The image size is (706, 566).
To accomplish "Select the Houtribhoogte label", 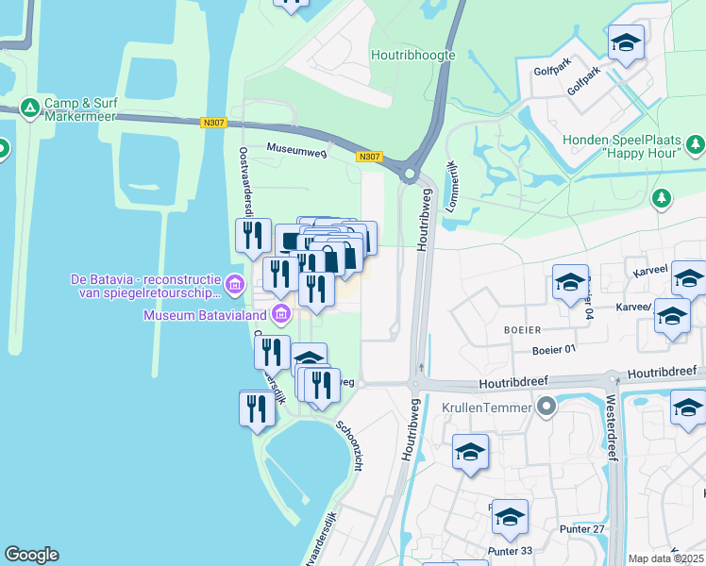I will (x=412, y=55).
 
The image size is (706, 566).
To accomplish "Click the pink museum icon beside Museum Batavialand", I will (x=279, y=312).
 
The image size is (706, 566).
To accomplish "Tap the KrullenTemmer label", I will (x=485, y=409).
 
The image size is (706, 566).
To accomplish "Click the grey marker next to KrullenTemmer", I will (x=546, y=408).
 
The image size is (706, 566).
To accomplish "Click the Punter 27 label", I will (x=585, y=528).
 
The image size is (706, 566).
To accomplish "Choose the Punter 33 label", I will (x=511, y=551).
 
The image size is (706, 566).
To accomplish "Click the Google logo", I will (x=31, y=555).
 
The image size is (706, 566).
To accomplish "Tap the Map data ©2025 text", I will (x=666, y=558).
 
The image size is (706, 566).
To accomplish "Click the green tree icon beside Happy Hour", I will (x=697, y=144).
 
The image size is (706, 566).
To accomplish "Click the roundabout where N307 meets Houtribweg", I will (x=410, y=173).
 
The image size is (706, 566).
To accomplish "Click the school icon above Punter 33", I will (x=510, y=517).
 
